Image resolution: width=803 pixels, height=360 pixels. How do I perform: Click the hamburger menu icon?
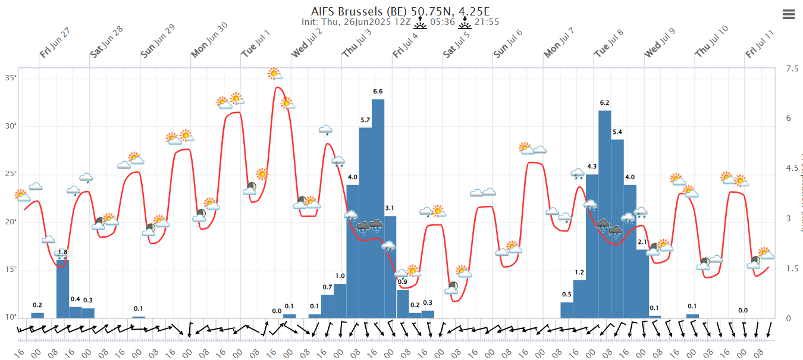click(789, 14)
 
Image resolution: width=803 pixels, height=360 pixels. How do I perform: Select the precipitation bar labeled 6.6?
click(378, 208)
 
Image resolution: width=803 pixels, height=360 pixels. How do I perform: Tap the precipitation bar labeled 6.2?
click(604, 214)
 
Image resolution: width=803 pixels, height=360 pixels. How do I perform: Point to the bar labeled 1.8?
click(62, 289)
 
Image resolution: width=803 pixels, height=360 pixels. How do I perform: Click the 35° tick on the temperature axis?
click(11, 79)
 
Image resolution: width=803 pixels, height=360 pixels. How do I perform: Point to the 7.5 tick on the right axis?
click(792, 69)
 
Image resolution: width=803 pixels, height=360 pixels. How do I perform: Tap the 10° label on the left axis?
click(11, 317)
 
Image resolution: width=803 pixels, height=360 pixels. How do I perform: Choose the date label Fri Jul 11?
click(761, 43)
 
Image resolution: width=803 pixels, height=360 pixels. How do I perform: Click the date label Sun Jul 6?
click(508, 43)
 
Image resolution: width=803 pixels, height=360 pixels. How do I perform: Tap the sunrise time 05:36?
click(442, 22)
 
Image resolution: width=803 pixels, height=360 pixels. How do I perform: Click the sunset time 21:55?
click(486, 22)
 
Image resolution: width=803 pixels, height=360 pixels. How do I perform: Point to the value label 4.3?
click(592, 166)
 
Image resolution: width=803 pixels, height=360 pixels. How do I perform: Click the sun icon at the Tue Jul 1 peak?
click(274, 74)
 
